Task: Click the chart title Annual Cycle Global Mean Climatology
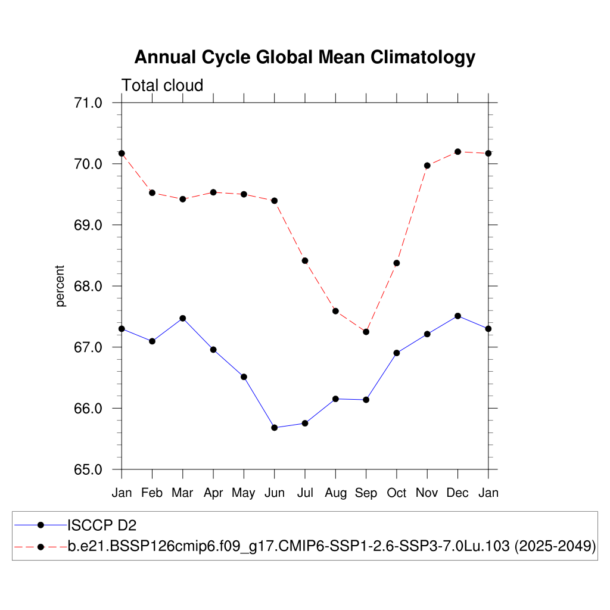click(x=304, y=57)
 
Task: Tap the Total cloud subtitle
click(x=163, y=86)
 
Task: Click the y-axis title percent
click(x=60, y=286)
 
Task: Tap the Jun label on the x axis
click(x=274, y=493)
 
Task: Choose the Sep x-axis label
click(x=366, y=493)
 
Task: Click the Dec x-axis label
click(x=457, y=493)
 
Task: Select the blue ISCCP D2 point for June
click(x=274, y=428)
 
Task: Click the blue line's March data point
click(x=183, y=318)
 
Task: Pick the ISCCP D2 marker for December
click(x=457, y=316)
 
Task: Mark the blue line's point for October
click(x=396, y=353)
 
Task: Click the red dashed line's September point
click(x=366, y=332)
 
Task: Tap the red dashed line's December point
click(x=457, y=152)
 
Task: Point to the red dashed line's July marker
click(x=305, y=260)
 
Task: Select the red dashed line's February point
click(x=152, y=193)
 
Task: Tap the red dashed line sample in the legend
click(x=41, y=546)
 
